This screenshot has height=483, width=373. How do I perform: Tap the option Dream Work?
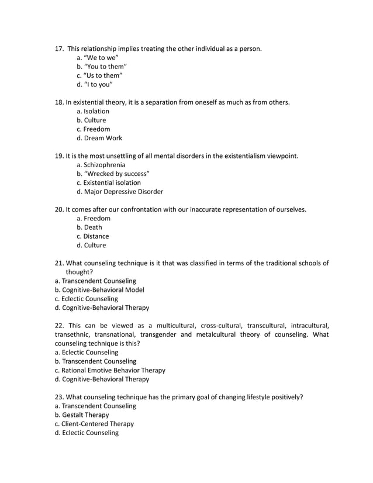coord(99,138)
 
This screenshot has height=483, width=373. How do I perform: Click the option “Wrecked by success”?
coord(113,174)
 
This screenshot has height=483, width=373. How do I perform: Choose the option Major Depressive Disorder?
coord(119,192)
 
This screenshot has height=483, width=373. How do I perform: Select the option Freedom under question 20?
coord(93,219)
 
